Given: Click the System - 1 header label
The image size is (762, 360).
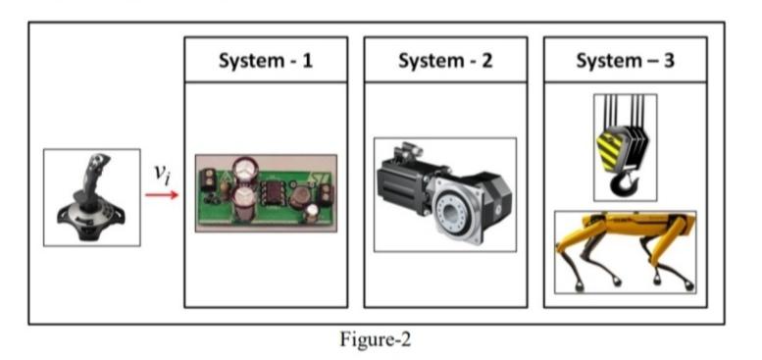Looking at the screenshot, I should pyautogui.click(x=266, y=60).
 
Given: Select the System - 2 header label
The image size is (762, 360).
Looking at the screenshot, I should pyautogui.click(x=445, y=60).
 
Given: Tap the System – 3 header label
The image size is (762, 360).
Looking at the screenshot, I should pyautogui.click(x=625, y=60).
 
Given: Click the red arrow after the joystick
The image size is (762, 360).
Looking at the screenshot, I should pyautogui.click(x=162, y=194).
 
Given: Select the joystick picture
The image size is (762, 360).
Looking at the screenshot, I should pyautogui.click(x=92, y=197).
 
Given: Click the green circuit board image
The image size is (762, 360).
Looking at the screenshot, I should pyautogui.click(x=266, y=192).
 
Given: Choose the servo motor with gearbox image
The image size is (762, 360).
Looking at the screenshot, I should pyautogui.click(x=445, y=194).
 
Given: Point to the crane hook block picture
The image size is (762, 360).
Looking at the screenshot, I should pyautogui.click(x=625, y=147).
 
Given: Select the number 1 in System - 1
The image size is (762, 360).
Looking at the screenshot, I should pyautogui.click(x=307, y=60).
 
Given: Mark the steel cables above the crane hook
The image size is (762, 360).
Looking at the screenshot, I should pyautogui.click(x=625, y=110).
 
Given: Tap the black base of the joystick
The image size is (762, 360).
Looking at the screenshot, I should pyautogui.click(x=90, y=217).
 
